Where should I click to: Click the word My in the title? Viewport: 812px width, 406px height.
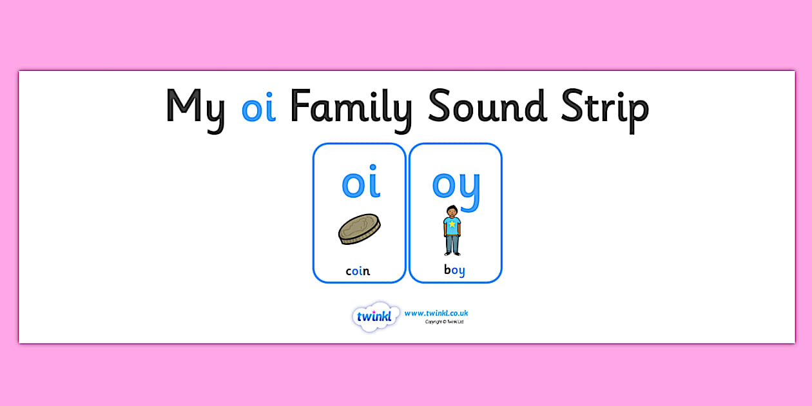pyautogui.click(x=196, y=108)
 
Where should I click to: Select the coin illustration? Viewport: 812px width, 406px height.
pyautogui.click(x=359, y=229)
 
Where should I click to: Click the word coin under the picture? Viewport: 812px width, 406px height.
pyautogui.click(x=358, y=271)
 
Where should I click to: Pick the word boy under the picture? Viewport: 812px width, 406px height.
pyautogui.click(x=454, y=271)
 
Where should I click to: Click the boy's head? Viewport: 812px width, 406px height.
pyautogui.click(x=452, y=211)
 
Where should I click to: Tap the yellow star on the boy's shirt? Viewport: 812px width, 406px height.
pyautogui.click(x=452, y=225)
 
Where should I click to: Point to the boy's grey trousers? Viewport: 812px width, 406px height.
pyautogui.click(x=452, y=242)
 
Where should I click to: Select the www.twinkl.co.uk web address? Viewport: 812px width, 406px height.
pyautogui.click(x=436, y=313)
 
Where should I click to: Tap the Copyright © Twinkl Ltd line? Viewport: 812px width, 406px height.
pyautogui.click(x=444, y=322)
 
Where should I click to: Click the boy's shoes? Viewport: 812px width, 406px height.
pyautogui.click(x=452, y=254)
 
